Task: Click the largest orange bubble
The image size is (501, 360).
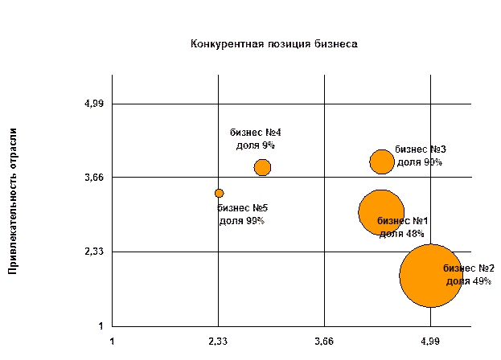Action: click(x=431, y=276)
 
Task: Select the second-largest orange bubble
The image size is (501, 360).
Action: click(x=381, y=212)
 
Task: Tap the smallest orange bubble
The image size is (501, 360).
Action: click(x=219, y=193)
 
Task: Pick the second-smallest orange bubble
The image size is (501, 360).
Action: click(x=262, y=167)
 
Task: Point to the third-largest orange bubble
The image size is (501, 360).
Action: click(x=382, y=162)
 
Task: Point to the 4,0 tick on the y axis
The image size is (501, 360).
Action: click(x=96, y=104)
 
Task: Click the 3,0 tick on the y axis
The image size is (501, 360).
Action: click(x=96, y=178)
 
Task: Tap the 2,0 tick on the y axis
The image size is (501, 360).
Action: click(x=96, y=252)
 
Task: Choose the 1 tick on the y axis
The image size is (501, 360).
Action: click(x=101, y=325)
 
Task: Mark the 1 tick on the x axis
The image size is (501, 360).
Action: click(x=112, y=341)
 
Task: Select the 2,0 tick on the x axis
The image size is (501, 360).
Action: click(x=218, y=341)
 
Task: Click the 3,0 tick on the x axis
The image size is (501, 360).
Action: click(x=325, y=341)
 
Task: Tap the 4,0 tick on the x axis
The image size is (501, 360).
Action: click(x=431, y=341)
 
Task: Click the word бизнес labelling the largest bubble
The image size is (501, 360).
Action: click(x=458, y=268)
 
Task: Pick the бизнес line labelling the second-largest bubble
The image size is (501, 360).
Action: click(x=401, y=220)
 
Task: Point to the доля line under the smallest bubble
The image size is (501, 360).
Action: click(x=241, y=220)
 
